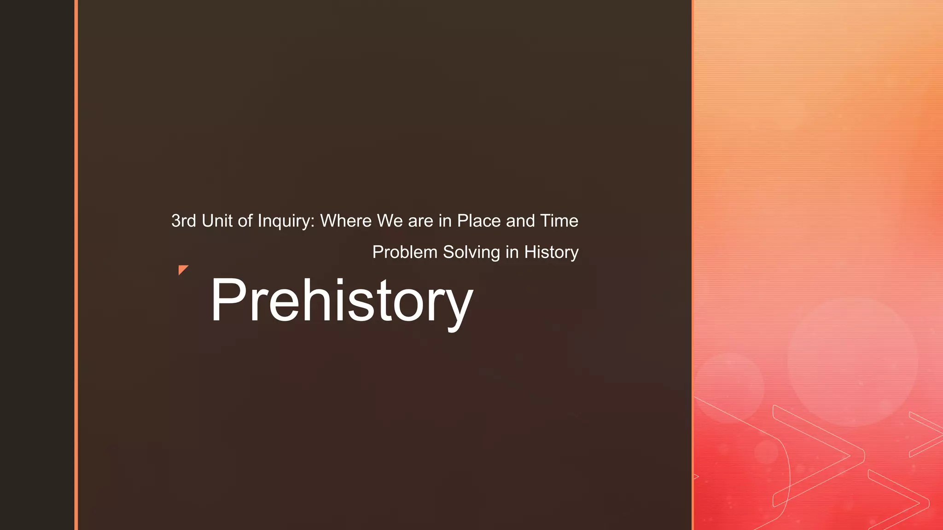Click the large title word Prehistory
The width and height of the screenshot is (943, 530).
pos(341,301)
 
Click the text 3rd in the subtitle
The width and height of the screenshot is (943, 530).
pos(183,221)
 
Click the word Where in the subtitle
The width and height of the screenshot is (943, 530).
pos(346,221)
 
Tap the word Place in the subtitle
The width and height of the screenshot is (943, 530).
pos(479,221)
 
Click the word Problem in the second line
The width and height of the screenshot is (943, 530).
pos(405,252)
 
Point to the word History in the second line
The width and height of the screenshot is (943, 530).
pos(551,253)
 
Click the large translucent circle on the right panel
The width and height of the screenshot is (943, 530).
pos(852,361)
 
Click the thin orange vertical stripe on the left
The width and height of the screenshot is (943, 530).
pos(76,265)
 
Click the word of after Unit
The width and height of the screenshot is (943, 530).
pos(245,221)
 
